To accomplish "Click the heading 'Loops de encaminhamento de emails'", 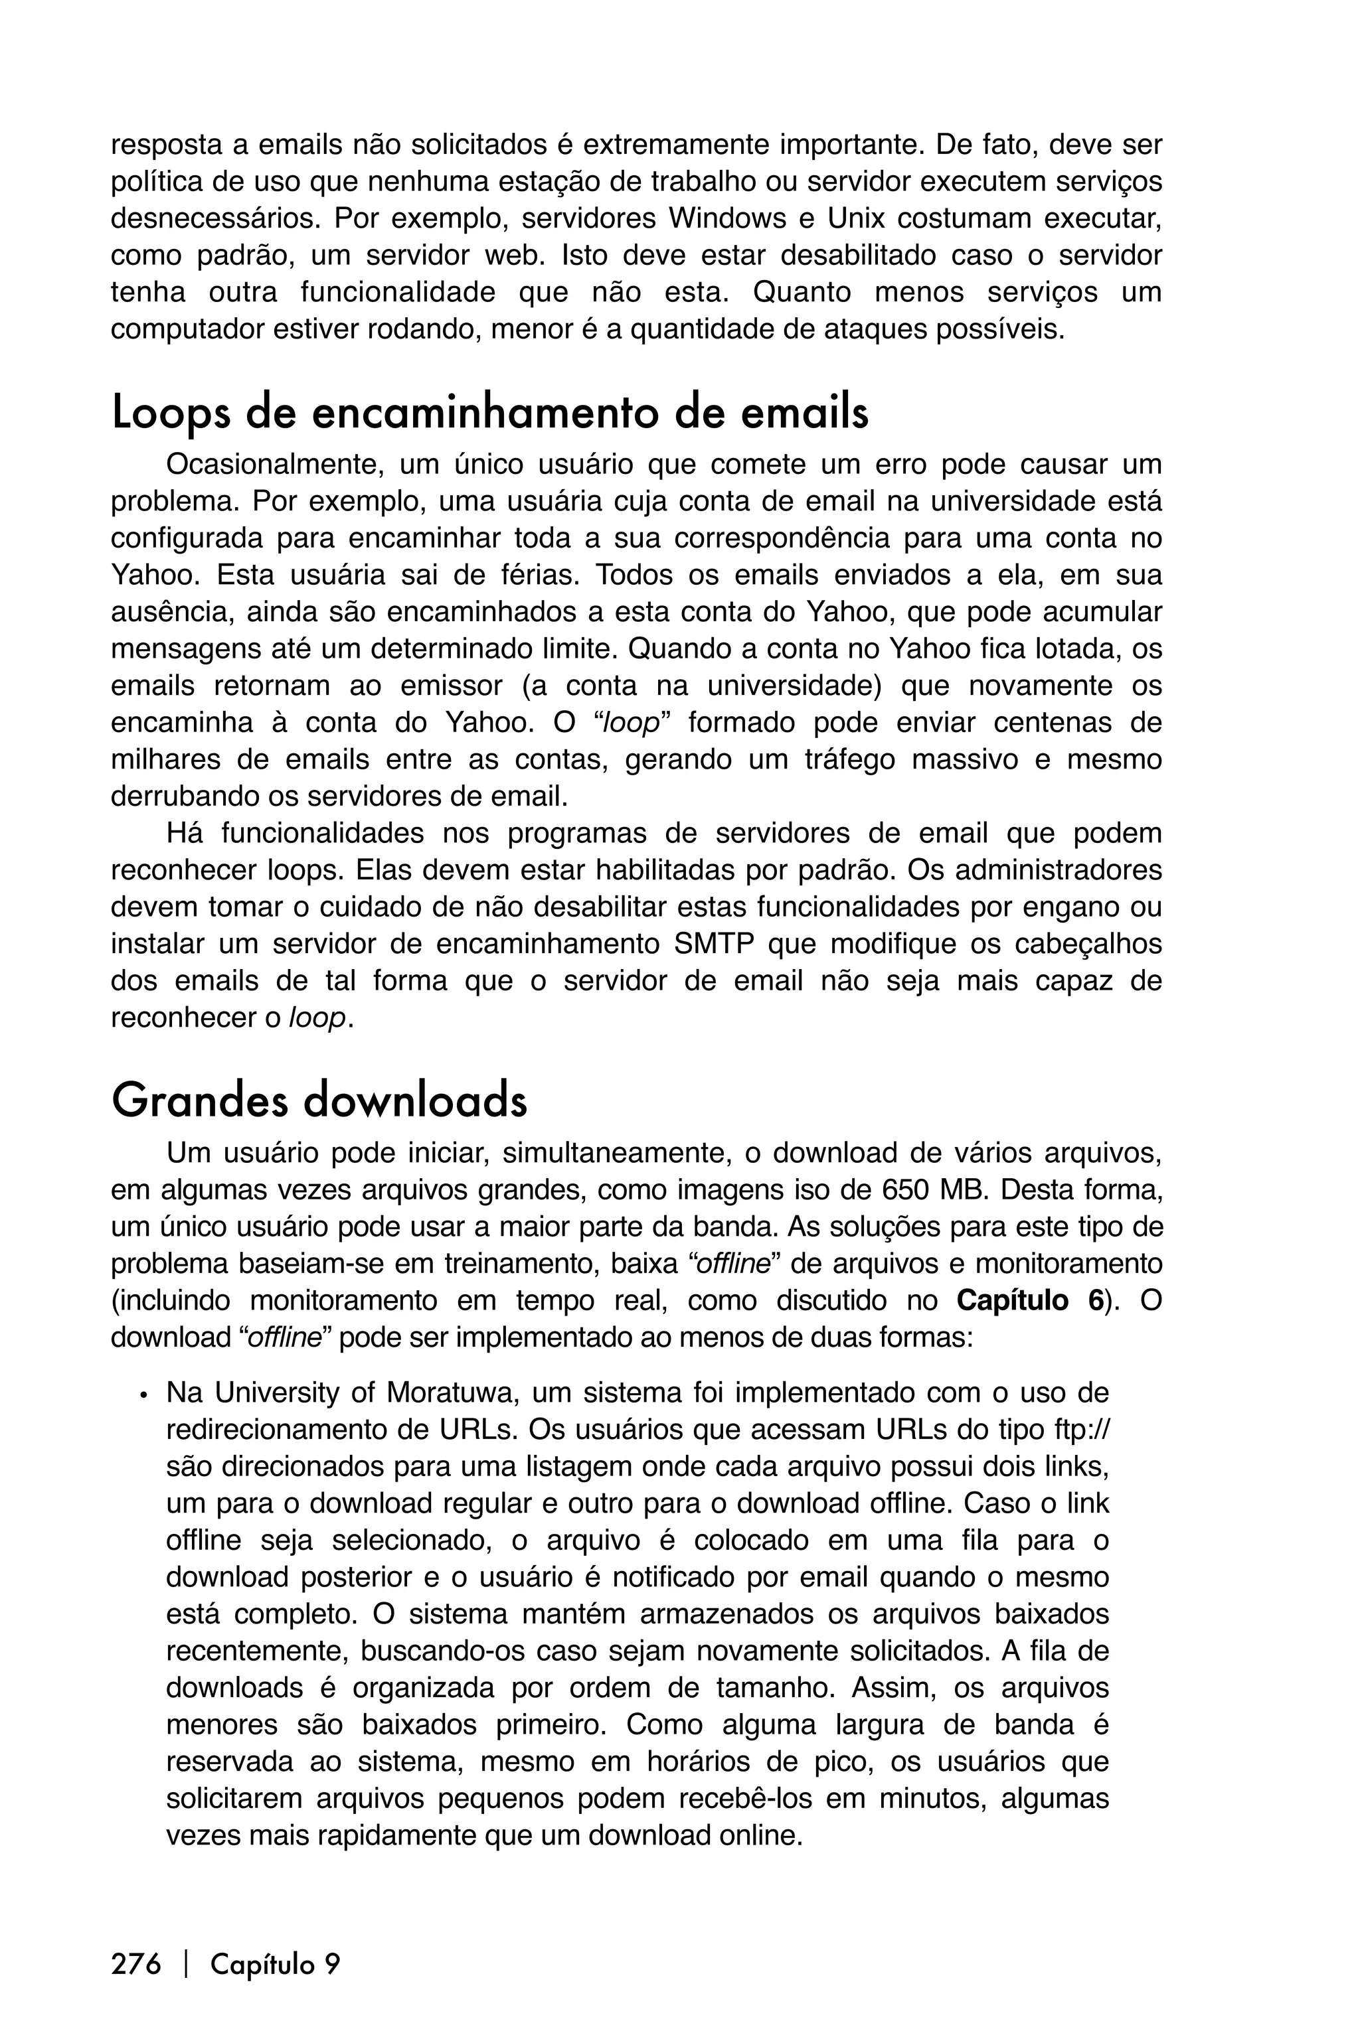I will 490,414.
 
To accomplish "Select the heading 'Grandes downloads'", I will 319,1101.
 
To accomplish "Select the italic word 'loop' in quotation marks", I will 630,723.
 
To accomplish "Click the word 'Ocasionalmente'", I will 274,465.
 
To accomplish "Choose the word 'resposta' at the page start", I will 167,144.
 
